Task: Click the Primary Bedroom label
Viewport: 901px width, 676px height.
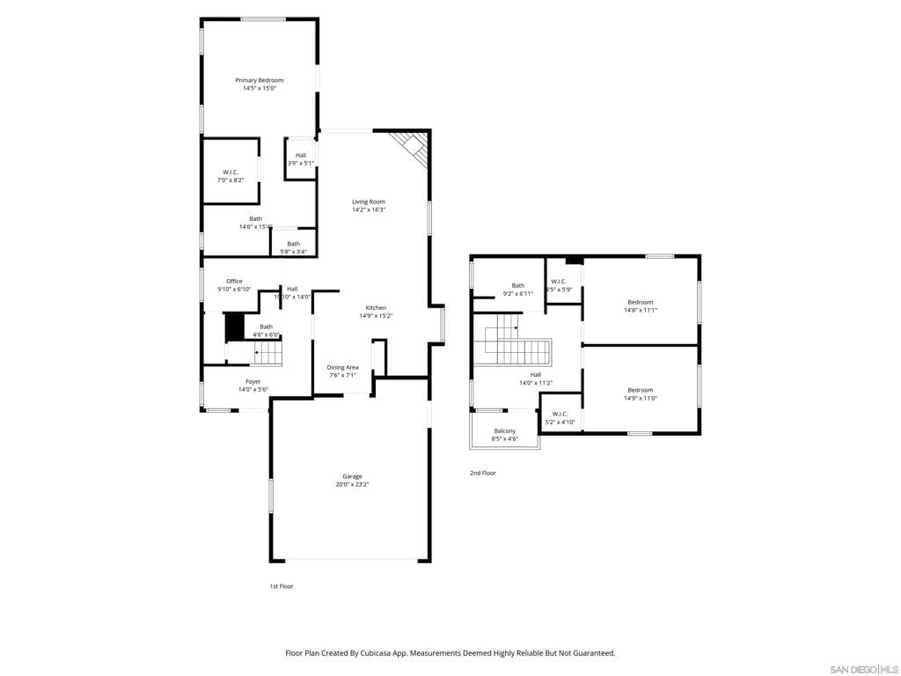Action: tap(259, 80)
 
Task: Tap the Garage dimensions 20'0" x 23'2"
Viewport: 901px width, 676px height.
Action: tap(352, 484)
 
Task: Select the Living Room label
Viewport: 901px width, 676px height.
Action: tap(369, 202)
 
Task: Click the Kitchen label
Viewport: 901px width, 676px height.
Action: tap(376, 308)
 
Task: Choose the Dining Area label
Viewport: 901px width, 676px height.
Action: tap(342, 367)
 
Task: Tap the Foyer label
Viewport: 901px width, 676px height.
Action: tap(253, 382)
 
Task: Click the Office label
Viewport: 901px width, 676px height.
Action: tap(234, 282)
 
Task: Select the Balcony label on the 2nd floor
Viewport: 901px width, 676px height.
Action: tap(504, 430)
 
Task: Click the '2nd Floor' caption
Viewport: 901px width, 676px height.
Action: tap(483, 474)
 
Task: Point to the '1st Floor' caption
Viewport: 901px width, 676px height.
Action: tap(282, 586)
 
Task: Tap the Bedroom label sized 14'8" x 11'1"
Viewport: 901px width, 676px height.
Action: tap(640, 302)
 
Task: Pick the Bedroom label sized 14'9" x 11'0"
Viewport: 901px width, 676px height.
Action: tap(640, 390)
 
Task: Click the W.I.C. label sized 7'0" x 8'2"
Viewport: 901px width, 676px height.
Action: tap(231, 173)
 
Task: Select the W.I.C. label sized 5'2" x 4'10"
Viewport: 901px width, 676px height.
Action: tap(560, 414)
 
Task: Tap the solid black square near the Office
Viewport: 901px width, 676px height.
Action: tap(234, 327)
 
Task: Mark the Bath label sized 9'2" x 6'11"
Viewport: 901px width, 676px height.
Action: tap(518, 285)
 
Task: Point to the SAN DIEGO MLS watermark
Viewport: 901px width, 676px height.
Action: tap(864, 670)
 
